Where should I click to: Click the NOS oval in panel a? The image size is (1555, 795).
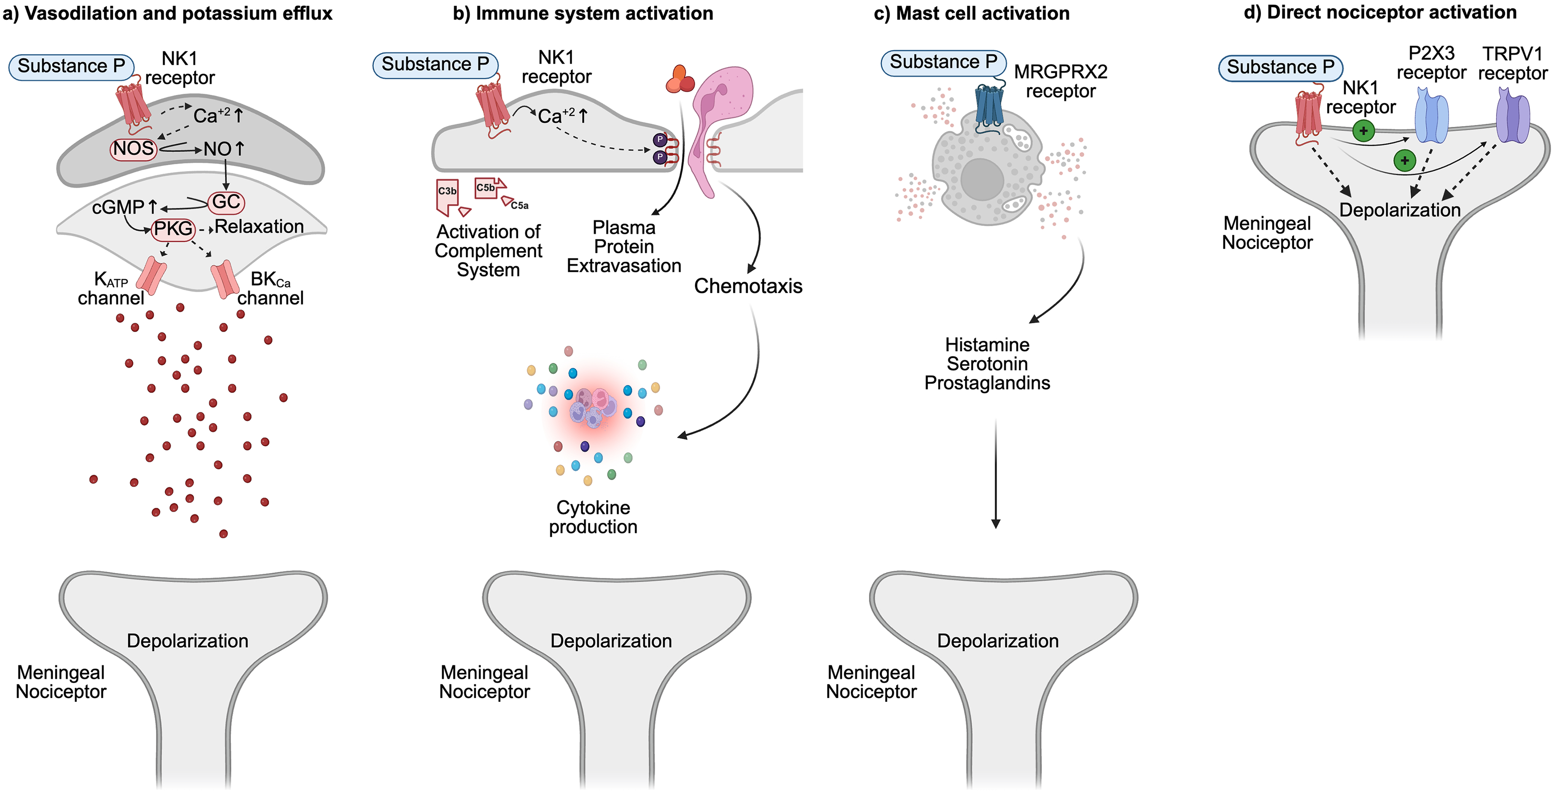(133, 148)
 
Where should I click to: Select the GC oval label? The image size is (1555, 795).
(227, 201)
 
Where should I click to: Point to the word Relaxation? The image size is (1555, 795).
(259, 227)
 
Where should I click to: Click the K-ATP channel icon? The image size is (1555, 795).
(151, 275)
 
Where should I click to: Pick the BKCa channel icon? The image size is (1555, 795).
(224, 279)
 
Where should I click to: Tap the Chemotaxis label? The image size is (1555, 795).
(748, 286)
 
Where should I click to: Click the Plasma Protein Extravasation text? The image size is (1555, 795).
(624, 247)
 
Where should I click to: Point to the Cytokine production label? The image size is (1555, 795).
(593, 517)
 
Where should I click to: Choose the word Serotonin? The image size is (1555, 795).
(987, 364)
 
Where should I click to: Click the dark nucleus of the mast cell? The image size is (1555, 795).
(982, 179)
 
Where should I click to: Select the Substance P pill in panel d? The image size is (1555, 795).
(1280, 67)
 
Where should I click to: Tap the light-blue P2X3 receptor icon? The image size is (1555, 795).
(1431, 117)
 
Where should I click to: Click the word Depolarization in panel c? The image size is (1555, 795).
(998, 641)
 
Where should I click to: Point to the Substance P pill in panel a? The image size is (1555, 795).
(71, 66)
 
